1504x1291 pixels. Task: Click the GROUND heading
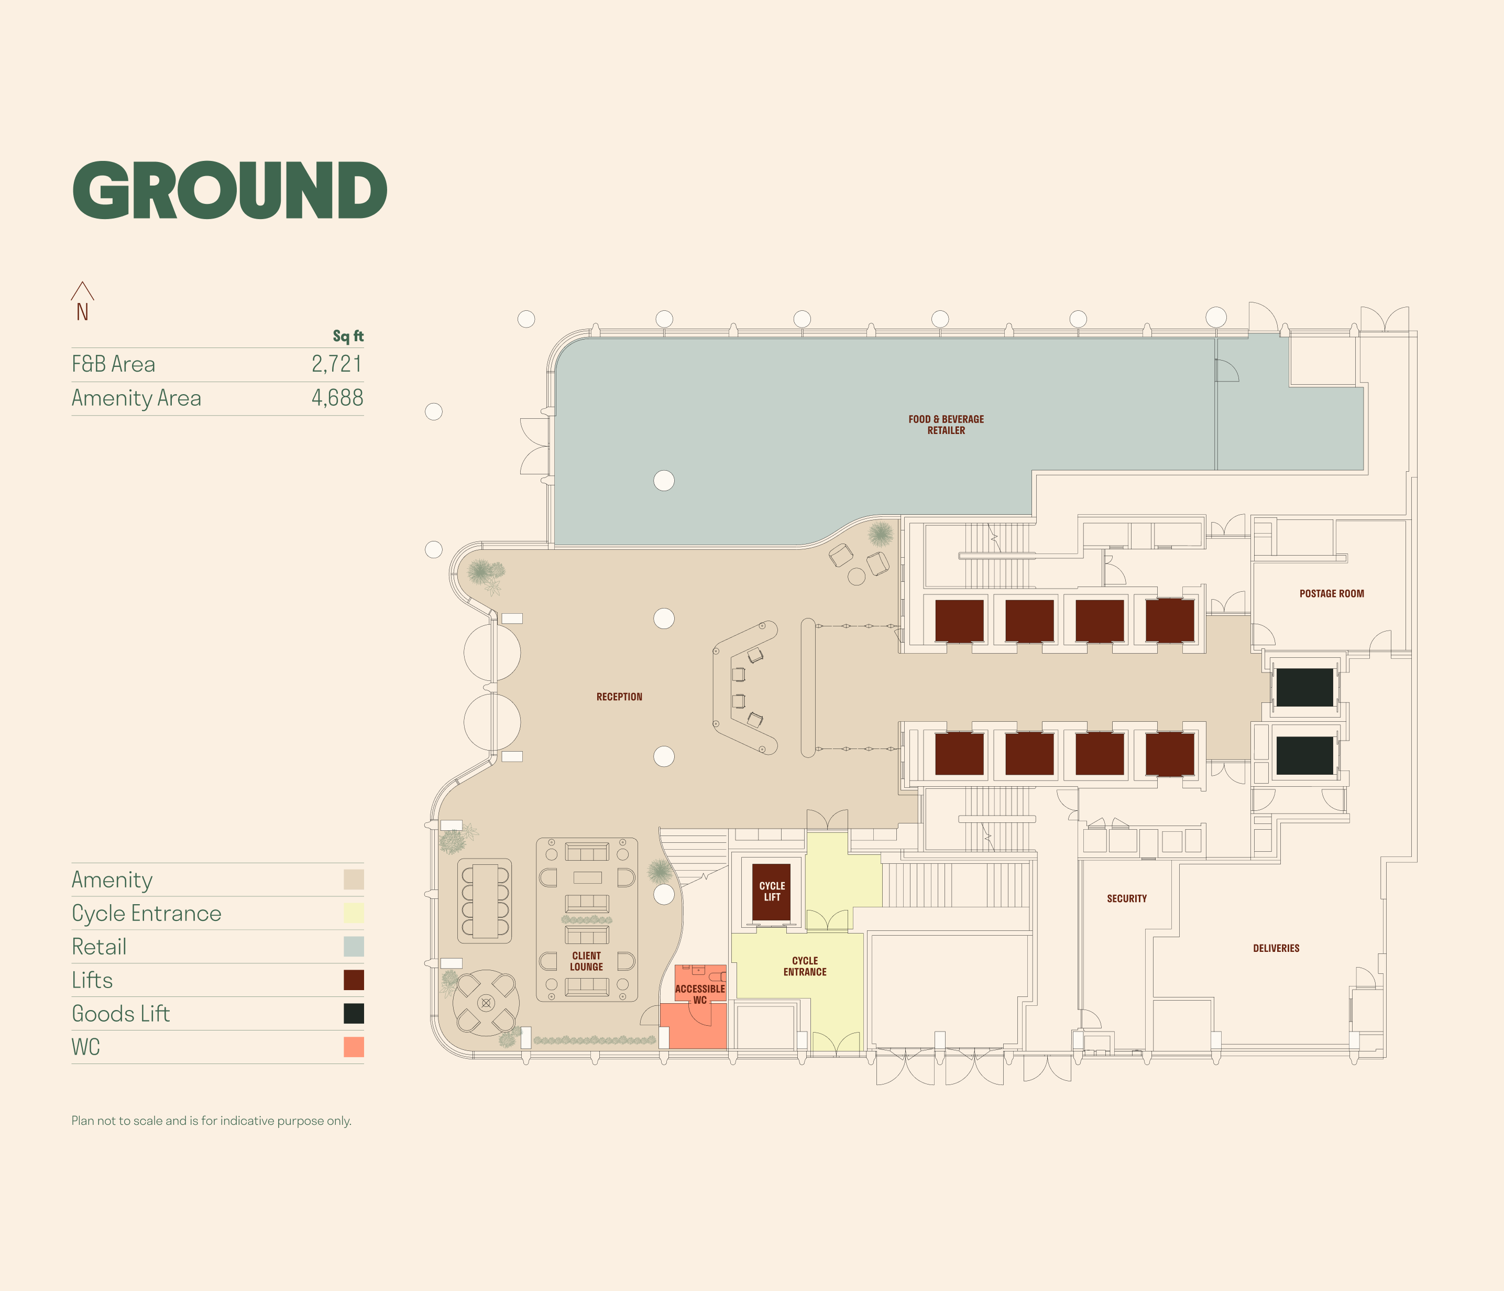tap(229, 190)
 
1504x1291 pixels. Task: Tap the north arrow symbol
tap(82, 300)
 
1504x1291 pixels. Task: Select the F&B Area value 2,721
tap(337, 364)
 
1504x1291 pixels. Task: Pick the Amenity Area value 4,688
tap(337, 398)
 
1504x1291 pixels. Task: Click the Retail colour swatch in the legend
tap(354, 947)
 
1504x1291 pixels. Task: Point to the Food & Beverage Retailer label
tap(946, 425)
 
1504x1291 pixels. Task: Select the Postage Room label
tap(1331, 594)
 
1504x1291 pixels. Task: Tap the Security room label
tap(1126, 899)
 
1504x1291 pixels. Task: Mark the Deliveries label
tap(1276, 948)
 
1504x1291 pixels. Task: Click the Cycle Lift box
tap(772, 892)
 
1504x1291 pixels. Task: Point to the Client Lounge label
tap(587, 961)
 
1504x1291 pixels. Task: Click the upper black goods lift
tap(1304, 687)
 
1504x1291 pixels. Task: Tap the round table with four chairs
tap(486, 1003)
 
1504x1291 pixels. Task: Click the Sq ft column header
tap(348, 336)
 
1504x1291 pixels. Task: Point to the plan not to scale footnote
tap(211, 1120)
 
